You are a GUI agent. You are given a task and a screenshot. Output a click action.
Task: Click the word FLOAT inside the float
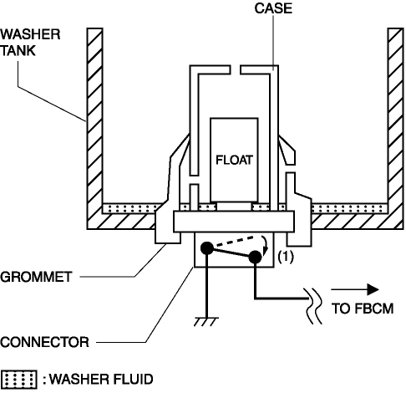click(234, 160)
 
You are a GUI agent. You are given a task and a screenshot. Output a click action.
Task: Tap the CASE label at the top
click(273, 8)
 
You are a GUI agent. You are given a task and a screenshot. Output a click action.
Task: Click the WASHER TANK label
click(30, 43)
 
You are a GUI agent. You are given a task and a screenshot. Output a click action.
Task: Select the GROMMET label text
click(36, 277)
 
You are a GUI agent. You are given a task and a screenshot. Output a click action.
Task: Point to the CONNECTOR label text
click(44, 342)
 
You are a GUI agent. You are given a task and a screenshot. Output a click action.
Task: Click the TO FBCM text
click(363, 309)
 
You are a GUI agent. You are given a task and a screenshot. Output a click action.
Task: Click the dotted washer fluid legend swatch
click(18, 380)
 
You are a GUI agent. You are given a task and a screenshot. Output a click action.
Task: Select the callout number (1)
click(286, 257)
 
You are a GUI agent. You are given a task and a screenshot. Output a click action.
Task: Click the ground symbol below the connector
click(206, 321)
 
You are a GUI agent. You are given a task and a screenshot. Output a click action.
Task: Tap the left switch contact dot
click(207, 248)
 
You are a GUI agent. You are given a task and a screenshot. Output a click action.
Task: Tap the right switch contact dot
click(255, 257)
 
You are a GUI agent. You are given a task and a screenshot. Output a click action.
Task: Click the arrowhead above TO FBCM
click(373, 289)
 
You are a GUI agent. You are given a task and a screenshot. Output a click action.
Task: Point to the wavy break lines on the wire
click(314, 306)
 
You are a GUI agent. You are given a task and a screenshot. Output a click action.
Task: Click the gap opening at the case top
click(236, 69)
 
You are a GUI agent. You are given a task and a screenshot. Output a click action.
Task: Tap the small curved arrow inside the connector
click(265, 244)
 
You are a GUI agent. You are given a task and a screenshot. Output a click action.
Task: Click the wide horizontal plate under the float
click(234, 222)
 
